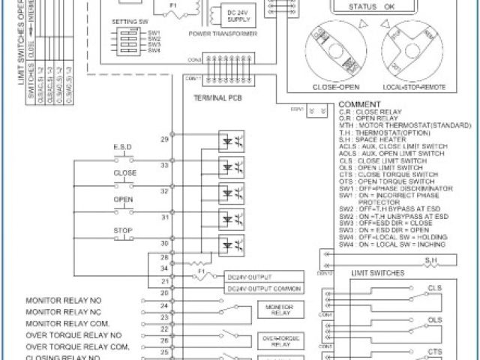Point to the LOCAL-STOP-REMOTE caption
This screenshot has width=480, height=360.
pos(417,86)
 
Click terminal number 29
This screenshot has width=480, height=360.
pos(165,139)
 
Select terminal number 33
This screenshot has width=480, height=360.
pos(165,165)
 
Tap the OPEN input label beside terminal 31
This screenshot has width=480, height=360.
pos(124,199)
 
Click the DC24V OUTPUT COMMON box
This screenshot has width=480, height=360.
pos(263,289)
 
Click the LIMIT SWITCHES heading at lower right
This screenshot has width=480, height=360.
pos(378,272)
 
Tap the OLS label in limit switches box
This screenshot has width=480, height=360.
pos(435,319)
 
